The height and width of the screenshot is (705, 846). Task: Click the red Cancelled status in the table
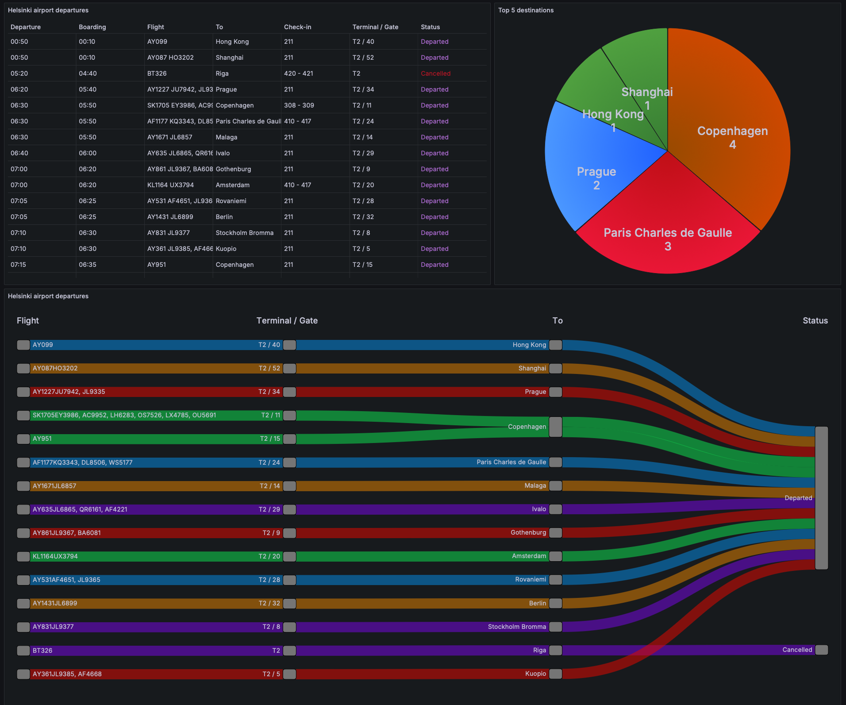coord(435,73)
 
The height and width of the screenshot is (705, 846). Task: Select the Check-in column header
coord(297,27)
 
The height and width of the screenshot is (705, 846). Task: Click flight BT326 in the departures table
coord(157,73)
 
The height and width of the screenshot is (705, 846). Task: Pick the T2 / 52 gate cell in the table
coord(363,58)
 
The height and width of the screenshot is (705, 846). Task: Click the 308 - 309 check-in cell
coord(299,105)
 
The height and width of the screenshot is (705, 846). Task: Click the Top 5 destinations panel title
coord(526,10)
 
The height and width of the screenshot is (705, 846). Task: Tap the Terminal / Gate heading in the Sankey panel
coord(287,320)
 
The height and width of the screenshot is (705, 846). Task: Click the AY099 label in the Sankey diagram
coord(42,345)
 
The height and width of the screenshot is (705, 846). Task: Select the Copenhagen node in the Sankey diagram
coord(555,427)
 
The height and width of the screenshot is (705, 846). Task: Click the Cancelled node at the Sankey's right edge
coord(821,650)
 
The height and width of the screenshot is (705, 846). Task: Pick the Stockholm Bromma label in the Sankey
coord(517,627)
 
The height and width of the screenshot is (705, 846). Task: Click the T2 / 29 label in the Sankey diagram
coord(269,509)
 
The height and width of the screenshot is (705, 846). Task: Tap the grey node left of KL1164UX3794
coord(23,556)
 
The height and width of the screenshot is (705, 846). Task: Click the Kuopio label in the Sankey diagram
coord(535,674)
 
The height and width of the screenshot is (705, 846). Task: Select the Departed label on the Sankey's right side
coord(798,498)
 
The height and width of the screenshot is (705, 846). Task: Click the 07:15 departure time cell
coord(19,265)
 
